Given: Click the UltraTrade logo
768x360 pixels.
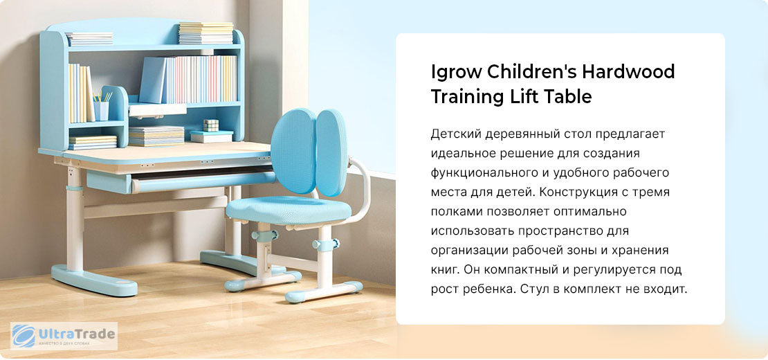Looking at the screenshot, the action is pyautogui.click(x=64, y=336).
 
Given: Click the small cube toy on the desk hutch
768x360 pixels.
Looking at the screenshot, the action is pyautogui.click(x=211, y=125).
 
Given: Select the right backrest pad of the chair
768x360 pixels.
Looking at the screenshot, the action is pyautogui.click(x=331, y=152).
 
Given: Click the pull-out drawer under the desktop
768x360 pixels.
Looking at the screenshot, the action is pyautogui.click(x=181, y=181).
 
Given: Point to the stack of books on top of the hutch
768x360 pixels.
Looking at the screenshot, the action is pyautogui.click(x=205, y=33).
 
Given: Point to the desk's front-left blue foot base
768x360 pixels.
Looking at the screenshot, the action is pyautogui.click(x=94, y=280).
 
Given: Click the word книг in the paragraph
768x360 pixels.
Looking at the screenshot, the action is pyautogui.click(x=445, y=270).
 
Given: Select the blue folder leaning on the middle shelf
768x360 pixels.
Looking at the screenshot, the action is pyautogui.click(x=153, y=80).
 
